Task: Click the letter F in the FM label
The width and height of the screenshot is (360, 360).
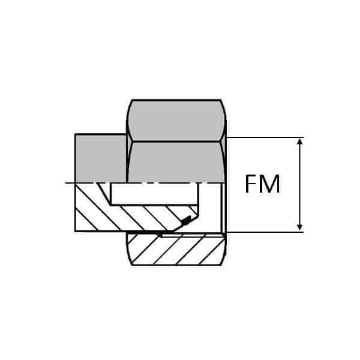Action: (x=251, y=184)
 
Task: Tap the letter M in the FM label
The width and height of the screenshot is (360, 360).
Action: (x=269, y=184)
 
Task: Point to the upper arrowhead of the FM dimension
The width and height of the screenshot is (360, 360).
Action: (x=301, y=142)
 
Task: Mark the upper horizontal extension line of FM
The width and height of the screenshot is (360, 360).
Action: (x=264, y=137)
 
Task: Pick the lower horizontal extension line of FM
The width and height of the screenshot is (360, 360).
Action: (x=264, y=232)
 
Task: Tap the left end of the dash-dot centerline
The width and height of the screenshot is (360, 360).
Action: (x=67, y=182)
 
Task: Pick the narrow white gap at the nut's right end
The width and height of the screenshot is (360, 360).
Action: (x=224, y=207)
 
